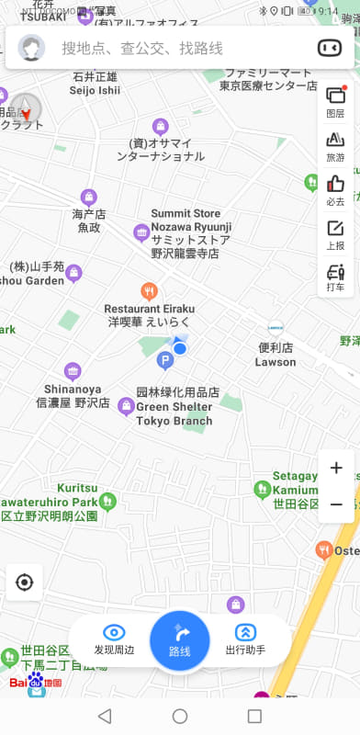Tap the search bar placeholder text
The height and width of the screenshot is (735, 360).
(x=142, y=48)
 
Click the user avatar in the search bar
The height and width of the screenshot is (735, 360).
(x=32, y=48)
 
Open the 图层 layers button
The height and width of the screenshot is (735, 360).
(x=335, y=100)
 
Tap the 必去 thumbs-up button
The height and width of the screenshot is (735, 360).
(x=335, y=189)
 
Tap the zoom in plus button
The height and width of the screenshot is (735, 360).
(x=336, y=469)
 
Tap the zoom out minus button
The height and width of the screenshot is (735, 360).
(x=336, y=504)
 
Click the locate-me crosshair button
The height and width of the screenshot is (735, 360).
(x=25, y=582)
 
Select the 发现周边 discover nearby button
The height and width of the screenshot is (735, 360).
(x=115, y=639)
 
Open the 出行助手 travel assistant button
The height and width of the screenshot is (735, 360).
(x=245, y=639)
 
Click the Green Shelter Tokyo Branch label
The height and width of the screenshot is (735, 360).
(x=174, y=406)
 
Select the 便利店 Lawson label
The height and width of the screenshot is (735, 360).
(x=276, y=355)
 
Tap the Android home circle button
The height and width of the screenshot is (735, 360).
(x=180, y=716)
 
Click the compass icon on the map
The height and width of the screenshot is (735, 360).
(x=26, y=110)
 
